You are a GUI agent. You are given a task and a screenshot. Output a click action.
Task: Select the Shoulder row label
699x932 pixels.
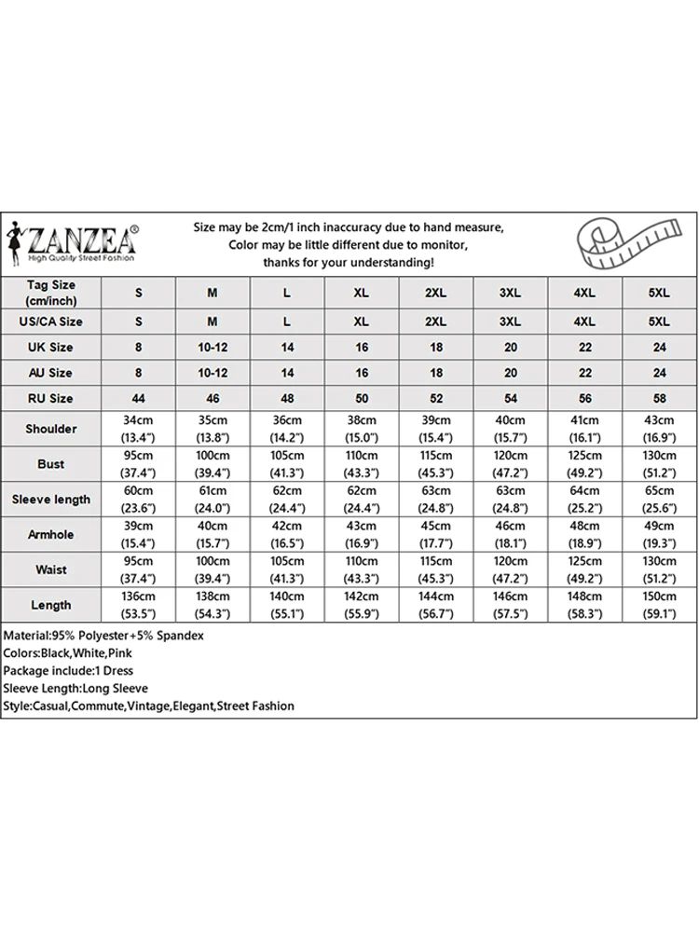pyautogui.click(x=51, y=429)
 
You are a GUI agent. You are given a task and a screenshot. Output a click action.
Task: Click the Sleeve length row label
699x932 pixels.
pyautogui.click(x=51, y=499)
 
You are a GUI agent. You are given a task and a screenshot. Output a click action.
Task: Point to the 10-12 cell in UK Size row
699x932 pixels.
pyautogui.click(x=212, y=347)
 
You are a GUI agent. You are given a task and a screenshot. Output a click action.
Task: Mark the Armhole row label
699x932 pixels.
pyautogui.click(x=51, y=534)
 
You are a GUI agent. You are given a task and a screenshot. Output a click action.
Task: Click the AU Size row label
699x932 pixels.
pyautogui.click(x=51, y=373)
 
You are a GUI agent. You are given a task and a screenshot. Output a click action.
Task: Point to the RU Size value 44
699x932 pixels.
pyautogui.click(x=139, y=398)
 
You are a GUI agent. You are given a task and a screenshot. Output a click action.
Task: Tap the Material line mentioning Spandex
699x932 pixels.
pyautogui.click(x=103, y=635)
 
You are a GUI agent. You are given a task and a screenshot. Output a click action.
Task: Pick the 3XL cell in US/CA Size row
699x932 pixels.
pyautogui.click(x=510, y=322)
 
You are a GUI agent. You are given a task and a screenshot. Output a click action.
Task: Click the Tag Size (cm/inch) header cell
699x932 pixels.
pyautogui.click(x=51, y=293)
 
